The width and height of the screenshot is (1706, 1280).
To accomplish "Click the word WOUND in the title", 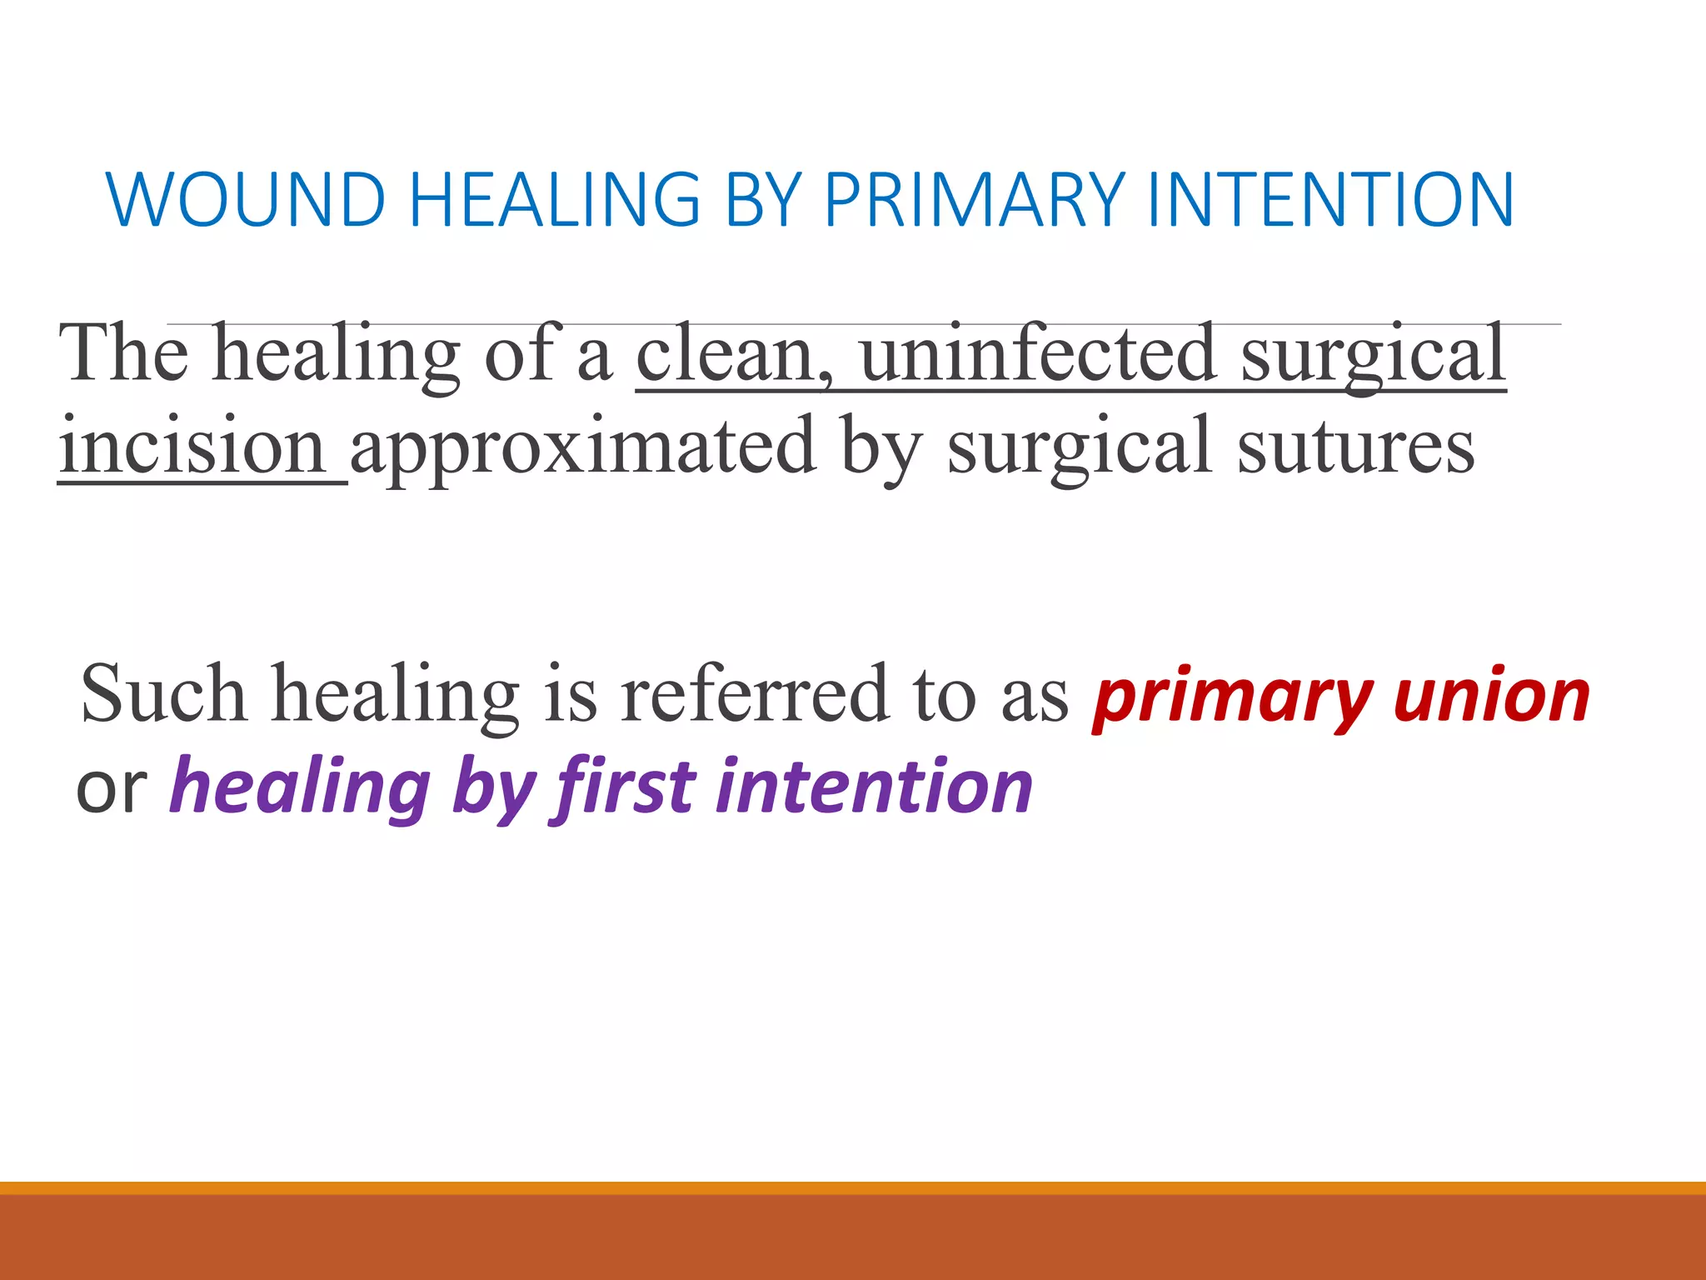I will coord(247,199).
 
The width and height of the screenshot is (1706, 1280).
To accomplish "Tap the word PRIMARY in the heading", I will coord(975,199).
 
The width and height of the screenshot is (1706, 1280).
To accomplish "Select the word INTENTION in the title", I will coord(1330,199).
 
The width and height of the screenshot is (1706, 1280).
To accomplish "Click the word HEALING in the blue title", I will coord(555,199).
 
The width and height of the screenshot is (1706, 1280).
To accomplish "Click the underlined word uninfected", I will coord(1038,354).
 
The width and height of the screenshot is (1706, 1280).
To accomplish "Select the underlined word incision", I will coord(192,446).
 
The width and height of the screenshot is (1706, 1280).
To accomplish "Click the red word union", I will coord(1492,696).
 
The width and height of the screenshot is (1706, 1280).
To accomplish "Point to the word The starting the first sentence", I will coord(124,354).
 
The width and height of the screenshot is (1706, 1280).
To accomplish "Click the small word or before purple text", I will coord(111,787).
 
